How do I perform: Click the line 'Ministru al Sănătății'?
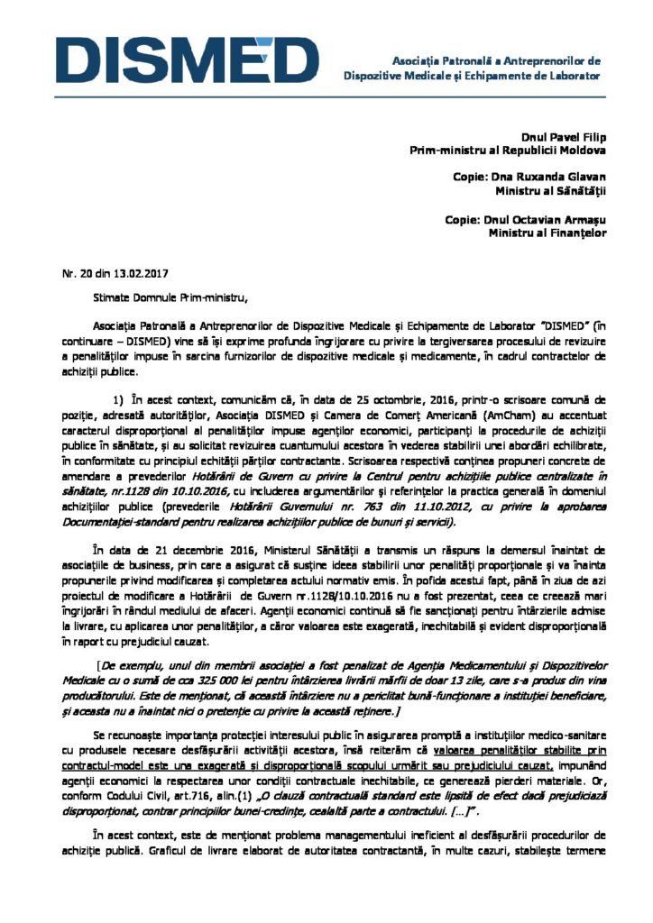(x=551, y=191)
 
